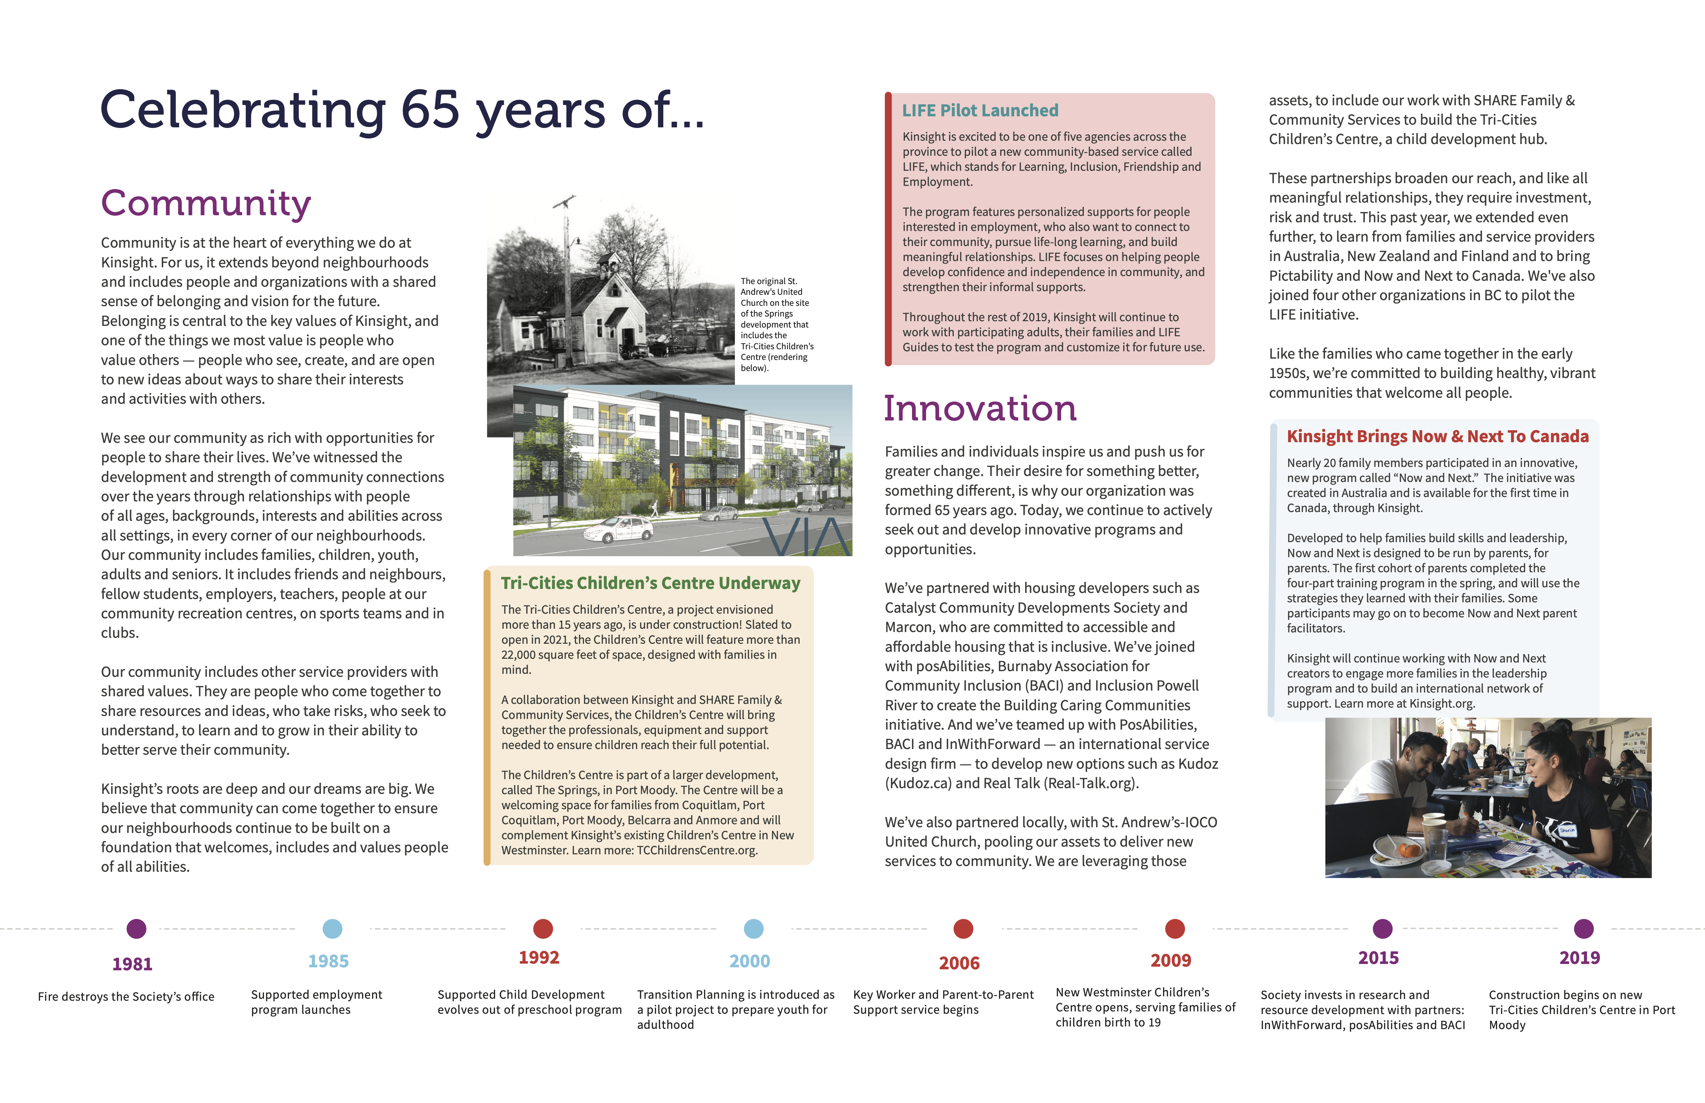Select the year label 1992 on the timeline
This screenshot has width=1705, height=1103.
539,958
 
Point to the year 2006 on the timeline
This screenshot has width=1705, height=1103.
959,963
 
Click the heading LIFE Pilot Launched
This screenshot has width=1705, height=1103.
980,110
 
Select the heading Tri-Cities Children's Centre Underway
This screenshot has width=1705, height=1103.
651,583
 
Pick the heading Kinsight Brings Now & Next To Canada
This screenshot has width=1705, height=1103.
1437,436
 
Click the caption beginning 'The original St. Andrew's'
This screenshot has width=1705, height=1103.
777,325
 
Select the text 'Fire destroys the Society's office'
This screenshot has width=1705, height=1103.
126,996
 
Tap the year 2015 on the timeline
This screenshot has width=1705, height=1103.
1378,958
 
